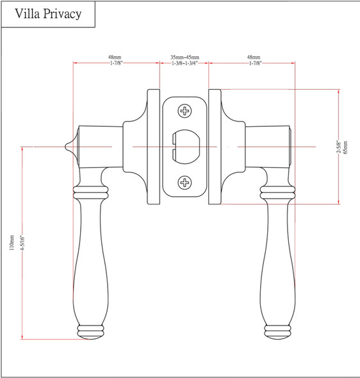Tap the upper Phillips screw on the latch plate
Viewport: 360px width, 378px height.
[185, 111]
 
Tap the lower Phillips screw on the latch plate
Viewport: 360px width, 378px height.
[185, 183]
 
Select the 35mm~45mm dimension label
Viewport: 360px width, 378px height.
[184, 57]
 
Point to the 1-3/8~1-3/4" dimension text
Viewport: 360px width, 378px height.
[184, 63]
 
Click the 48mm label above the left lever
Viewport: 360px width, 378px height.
[115, 57]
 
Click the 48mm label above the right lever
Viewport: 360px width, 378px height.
[254, 57]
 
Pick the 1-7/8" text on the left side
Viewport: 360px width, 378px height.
[115, 63]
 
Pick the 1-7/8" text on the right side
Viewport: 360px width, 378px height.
[254, 63]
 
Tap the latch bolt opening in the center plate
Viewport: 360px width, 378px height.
[184, 147]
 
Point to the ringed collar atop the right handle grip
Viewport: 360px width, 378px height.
[277, 192]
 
